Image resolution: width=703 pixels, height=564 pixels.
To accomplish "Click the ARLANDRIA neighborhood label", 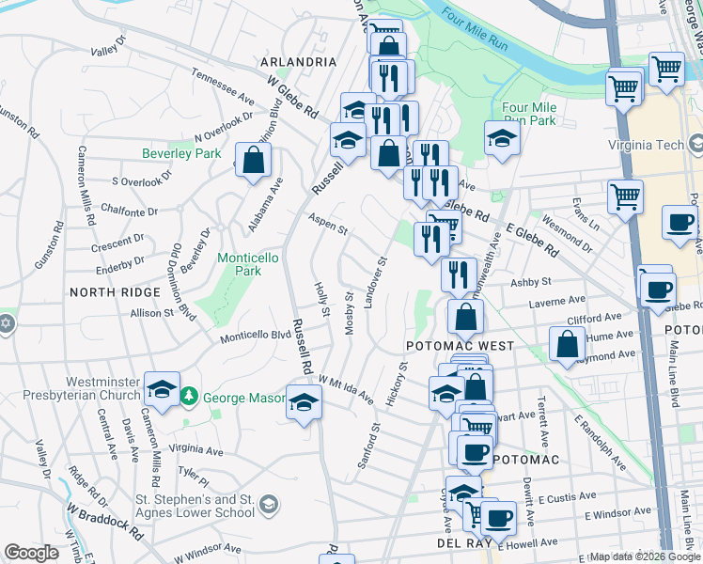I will coord(298,62).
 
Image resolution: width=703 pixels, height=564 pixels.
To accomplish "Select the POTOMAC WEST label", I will coord(460,346).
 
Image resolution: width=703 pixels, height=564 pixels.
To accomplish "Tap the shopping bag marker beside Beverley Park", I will coord(253,160).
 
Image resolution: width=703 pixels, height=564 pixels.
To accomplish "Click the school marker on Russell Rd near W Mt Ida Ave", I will coord(304,403).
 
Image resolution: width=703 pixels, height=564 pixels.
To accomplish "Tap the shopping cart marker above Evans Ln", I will coord(625,197).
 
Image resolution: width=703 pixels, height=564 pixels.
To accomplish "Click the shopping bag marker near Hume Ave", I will coord(568,344).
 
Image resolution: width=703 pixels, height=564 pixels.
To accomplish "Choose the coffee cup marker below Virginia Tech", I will coord(680,223).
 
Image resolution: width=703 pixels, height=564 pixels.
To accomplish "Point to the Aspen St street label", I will coord(330,228).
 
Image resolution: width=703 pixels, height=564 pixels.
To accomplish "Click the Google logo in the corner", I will coord(32,552).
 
